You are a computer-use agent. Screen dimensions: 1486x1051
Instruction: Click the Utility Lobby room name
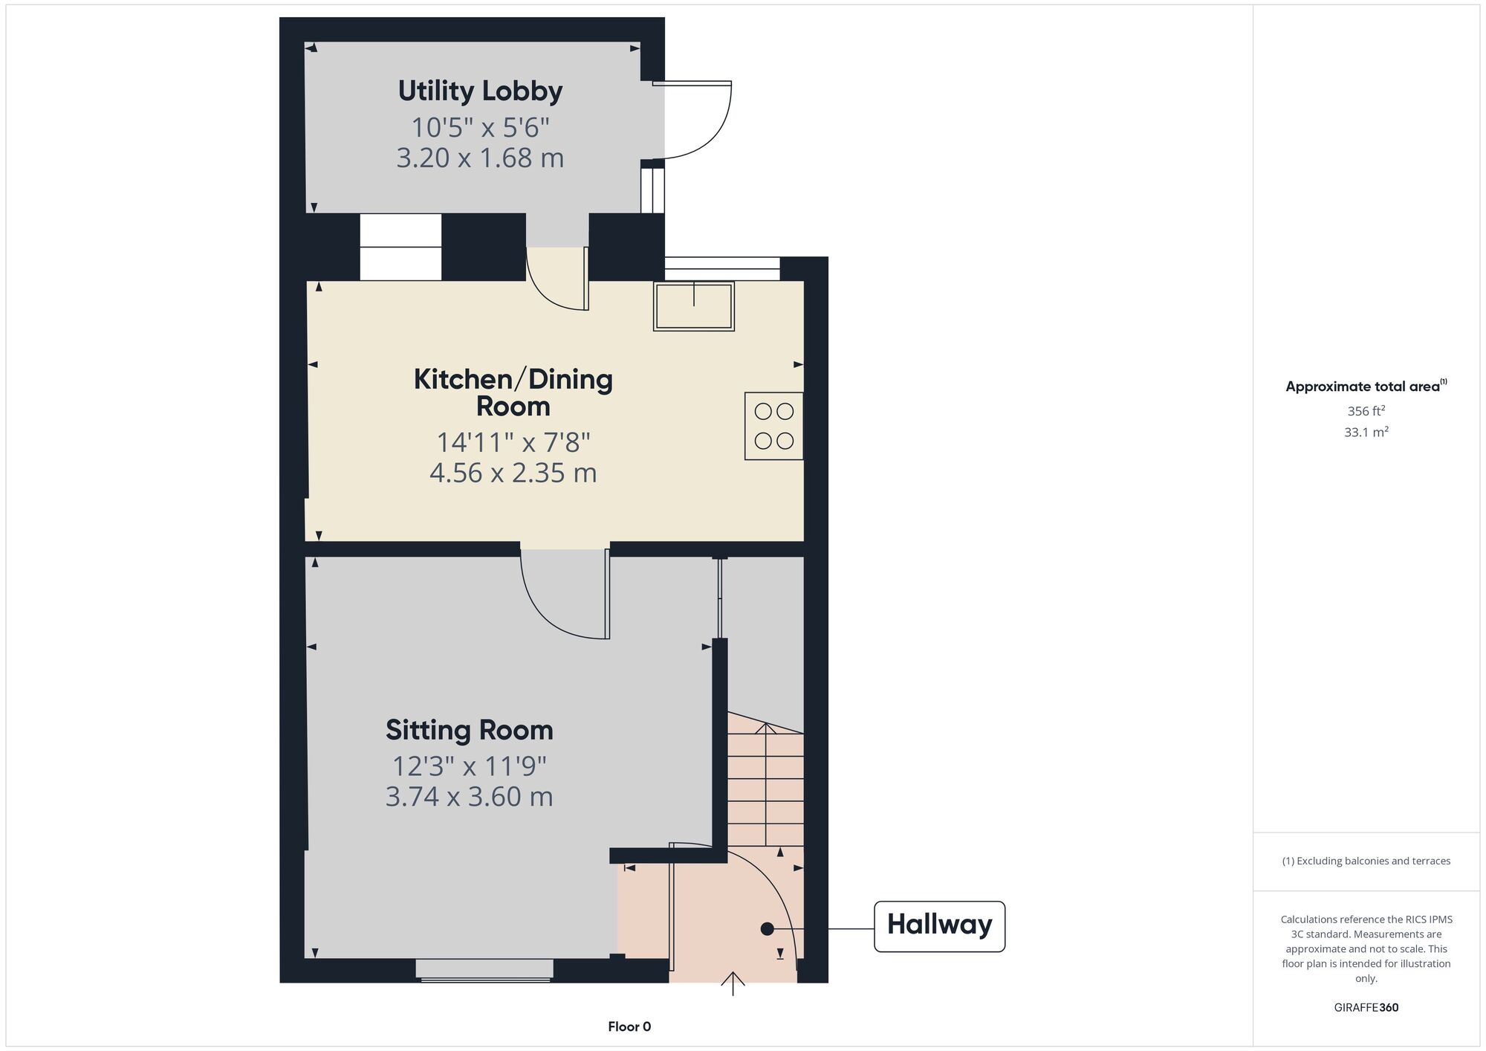(x=480, y=91)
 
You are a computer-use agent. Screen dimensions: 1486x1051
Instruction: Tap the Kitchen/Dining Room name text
(x=513, y=392)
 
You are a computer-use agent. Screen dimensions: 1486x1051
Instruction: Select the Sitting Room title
(x=470, y=731)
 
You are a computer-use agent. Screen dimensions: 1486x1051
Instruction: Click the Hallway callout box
(x=939, y=926)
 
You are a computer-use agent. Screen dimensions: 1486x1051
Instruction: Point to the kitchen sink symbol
(x=694, y=305)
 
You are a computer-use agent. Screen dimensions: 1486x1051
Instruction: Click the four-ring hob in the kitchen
(x=774, y=426)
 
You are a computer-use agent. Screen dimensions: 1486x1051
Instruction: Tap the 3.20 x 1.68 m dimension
(x=480, y=158)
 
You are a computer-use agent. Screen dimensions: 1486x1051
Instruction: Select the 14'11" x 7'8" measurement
(x=513, y=443)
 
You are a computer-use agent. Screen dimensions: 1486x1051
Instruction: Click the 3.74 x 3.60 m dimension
(x=469, y=797)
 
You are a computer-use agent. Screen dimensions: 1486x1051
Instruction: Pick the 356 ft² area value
(x=1366, y=410)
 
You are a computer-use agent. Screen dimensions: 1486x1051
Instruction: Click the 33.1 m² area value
(x=1366, y=432)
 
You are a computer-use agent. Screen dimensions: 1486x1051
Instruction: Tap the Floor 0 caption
(x=629, y=1026)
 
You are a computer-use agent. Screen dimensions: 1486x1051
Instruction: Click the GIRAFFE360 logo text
(x=1366, y=1008)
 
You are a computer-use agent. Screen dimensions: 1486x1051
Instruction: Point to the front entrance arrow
(x=733, y=984)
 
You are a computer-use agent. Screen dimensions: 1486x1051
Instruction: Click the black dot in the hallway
(x=768, y=929)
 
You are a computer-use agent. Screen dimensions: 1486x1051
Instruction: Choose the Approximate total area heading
(x=1366, y=386)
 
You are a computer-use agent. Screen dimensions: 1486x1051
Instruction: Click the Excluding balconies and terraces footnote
(x=1366, y=861)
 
